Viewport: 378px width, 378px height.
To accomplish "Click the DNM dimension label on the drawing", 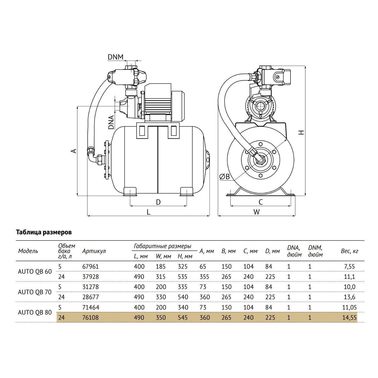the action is pyautogui.click(x=115, y=57).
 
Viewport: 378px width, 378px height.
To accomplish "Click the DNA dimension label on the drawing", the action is pyautogui.click(x=111, y=122).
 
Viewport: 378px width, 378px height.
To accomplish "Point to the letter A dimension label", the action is pyautogui.click(x=73, y=151).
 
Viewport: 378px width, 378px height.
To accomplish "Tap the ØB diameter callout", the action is pyautogui.click(x=224, y=177).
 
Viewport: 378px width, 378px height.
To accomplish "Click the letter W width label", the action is pyautogui.click(x=256, y=212).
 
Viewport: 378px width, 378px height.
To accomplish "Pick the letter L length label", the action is pyautogui.click(x=149, y=212).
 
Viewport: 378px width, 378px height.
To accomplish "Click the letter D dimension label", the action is pyautogui.click(x=158, y=202).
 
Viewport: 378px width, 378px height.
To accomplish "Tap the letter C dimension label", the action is pyautogui.click(x=261, y=202).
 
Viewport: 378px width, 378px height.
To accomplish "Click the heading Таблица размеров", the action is pyautogui.click(x=44, y=232).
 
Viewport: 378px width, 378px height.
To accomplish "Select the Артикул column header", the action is pyautogui.click(x=94, y=251).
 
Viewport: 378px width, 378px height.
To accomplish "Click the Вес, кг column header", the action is pyautogui.click(x=350, y=251).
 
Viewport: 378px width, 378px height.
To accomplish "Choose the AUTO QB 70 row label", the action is pyautogui.click(x=35, y=292).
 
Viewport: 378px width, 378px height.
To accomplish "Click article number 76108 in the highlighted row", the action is pyautogui.click(x=90, y=318).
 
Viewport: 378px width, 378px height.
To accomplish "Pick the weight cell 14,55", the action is pyautogui.click(x=350, y=318).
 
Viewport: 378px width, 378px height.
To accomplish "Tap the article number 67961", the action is pyautogui.click(x=90, y=267).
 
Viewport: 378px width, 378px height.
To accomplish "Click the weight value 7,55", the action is pyautogui.click(x=350, y=267).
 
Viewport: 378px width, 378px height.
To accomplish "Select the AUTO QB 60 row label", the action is pyautogui.click(x=35, y=272).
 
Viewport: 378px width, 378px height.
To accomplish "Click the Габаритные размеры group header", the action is pyautogui.click(x=163, y=246).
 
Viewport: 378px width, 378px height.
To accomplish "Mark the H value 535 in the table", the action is pyautogui.click(x=183, y=277).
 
